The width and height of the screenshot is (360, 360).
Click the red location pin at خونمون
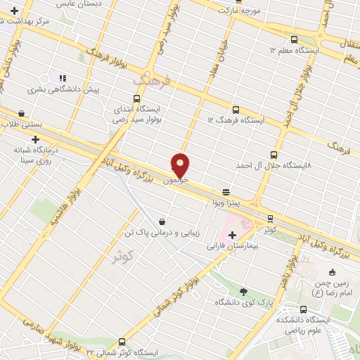pos(180,165)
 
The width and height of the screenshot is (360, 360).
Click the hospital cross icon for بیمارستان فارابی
pos(232,235)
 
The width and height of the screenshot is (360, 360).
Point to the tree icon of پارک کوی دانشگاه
pos(244,291)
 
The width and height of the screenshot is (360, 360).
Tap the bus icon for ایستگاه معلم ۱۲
pos(295,39)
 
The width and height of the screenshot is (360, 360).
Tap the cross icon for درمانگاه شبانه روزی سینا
pos(35,139)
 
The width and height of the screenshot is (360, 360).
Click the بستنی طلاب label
pos(22,124)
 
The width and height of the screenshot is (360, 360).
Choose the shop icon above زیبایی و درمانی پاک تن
pos(162,221)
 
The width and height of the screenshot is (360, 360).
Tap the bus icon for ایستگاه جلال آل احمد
pos(274,155)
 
